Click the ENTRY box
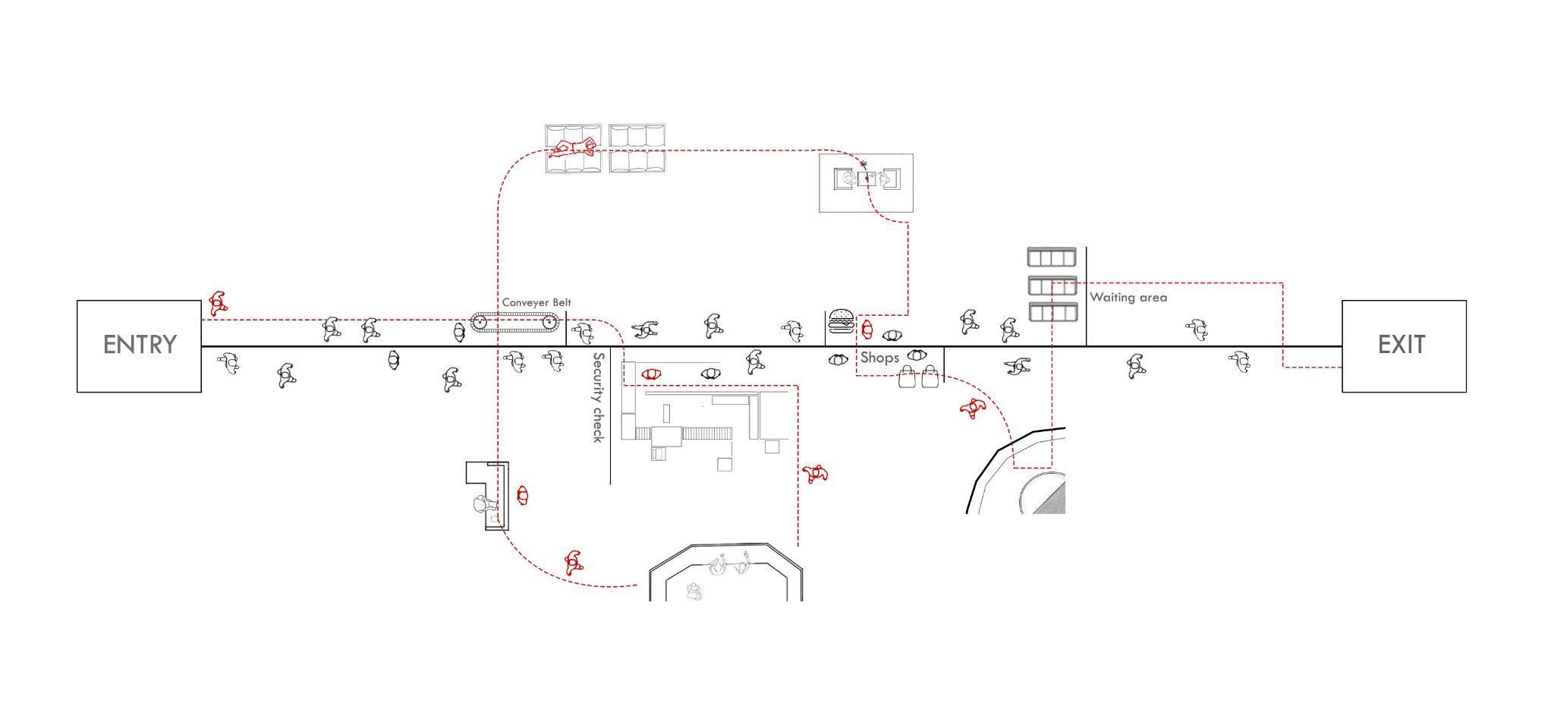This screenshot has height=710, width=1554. pos(139,346)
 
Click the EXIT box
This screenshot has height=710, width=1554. pos(1403,346)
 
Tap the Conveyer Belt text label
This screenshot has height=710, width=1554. pos(536,302)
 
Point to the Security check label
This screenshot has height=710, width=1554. pos(599,397)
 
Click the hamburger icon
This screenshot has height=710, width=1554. pos(841,321)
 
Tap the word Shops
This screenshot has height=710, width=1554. pos(879,358)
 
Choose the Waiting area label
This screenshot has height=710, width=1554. pos(1128,298)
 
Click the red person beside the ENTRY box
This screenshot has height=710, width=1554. pos(218,303)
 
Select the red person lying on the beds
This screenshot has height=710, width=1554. pos(574,147)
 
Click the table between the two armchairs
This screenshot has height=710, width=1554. pos(866,179)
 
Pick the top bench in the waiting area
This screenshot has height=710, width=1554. pos(1052,257)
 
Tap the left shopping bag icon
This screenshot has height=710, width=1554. pos(908,377)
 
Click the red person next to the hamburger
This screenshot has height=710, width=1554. pos(867,330)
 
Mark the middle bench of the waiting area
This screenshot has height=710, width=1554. pos(1052,286)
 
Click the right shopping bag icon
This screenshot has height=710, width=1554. pos(930,377)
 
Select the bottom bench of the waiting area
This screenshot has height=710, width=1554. pos(1052,312)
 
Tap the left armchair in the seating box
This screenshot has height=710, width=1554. pos(844,179)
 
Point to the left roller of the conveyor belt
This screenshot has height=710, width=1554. pos(480,323)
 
